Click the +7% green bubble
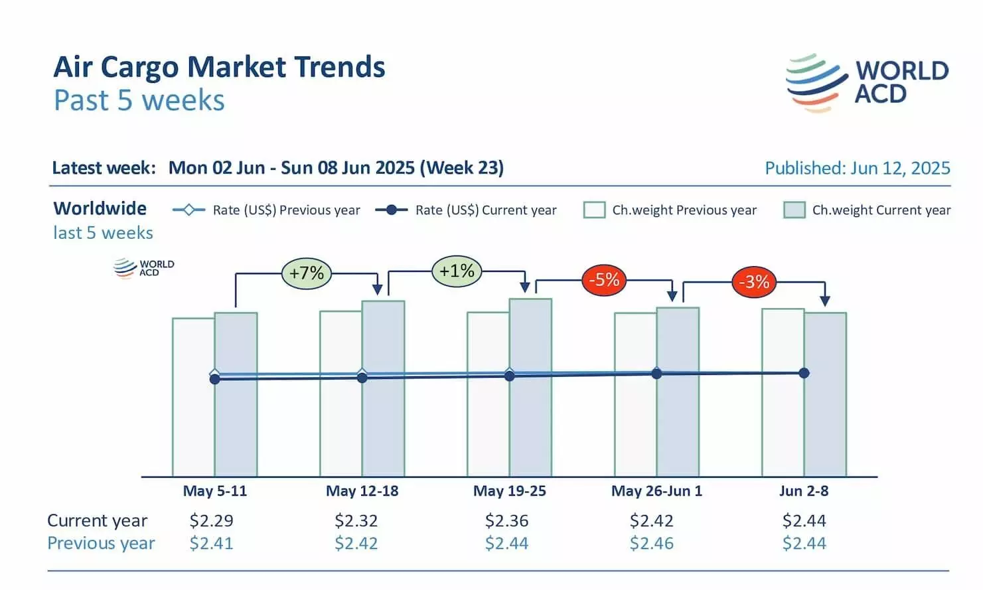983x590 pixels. coord(307,273)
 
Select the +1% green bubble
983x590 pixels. coord(457,271)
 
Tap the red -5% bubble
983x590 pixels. coord(604,279)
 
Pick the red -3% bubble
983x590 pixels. coord(754,282)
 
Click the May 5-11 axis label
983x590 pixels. coord(215,491)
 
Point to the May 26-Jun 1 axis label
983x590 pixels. coord(656,491)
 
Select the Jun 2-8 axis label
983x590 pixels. coord(804,491)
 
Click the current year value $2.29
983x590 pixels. coord(212,521)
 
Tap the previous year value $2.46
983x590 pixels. coord(652,544)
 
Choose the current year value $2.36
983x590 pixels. coord(507,521)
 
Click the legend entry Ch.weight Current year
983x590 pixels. coord(868,210)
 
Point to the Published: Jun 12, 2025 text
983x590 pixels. coord(858,169)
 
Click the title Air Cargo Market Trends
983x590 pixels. coord(219,67)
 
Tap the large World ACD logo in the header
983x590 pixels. coord(867,83)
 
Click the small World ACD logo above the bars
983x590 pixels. coord(144,268)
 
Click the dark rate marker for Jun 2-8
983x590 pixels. coord(804,373)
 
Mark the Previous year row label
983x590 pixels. coord(101,544)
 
